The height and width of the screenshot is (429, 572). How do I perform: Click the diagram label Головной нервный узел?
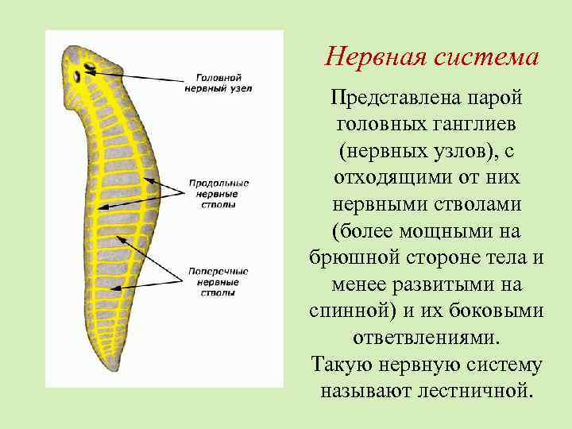click(218, 83)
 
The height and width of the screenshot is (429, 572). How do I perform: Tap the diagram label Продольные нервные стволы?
click(218, 193)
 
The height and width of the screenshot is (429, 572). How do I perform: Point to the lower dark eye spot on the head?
click(78, 77)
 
